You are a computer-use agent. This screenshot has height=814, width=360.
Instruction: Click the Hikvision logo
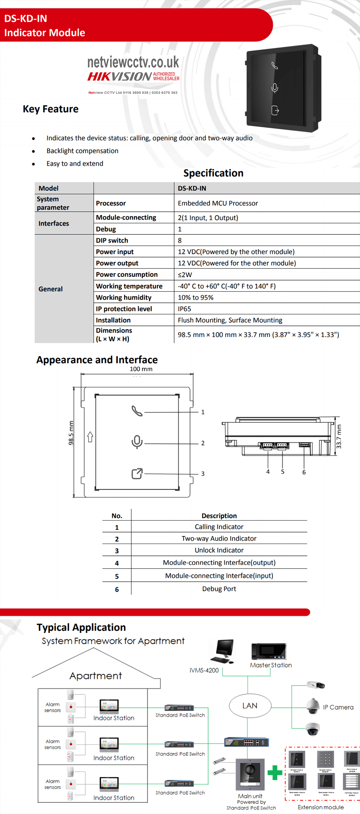click(x=120, y=77)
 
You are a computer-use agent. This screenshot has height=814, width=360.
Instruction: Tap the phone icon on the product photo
click(x=275, y=66)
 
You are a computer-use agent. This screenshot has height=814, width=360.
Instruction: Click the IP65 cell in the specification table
click(x=184, y=309)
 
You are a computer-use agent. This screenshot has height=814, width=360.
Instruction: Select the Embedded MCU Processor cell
click(x=218, y=203)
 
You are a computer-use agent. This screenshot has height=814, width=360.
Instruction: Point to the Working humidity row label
click(x=123, y=298)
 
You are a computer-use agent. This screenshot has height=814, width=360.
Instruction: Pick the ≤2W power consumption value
click(x=185, y=275)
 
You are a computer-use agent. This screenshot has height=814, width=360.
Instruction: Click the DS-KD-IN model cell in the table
click(x=192, y=188)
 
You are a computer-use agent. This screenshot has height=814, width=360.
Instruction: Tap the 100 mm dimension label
click(x=141, y=369)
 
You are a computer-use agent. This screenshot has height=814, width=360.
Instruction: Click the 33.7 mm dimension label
click(x=338, y=437)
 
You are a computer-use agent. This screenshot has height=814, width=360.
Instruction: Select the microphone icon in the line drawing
click(x=137, y=442)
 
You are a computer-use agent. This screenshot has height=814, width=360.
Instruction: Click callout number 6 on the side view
click(x=304, y=472)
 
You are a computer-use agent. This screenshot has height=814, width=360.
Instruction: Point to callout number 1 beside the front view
click(x=203, y=412)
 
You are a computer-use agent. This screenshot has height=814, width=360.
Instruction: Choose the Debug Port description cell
click(x=219, y=589)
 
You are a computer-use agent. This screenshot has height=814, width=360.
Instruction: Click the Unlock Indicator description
click(x=219, y=550)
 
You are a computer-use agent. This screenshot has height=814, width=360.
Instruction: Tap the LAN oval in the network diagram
click(x=250, y=706)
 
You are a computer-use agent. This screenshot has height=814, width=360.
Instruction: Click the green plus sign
click(x=275, y=773)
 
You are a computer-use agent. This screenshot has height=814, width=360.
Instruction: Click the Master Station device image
click(x=269, y=651)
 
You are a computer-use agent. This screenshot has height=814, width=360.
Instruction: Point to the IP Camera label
click(x=338, y=707)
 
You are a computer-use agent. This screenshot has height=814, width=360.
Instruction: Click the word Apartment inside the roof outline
click(x=96, y=676)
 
